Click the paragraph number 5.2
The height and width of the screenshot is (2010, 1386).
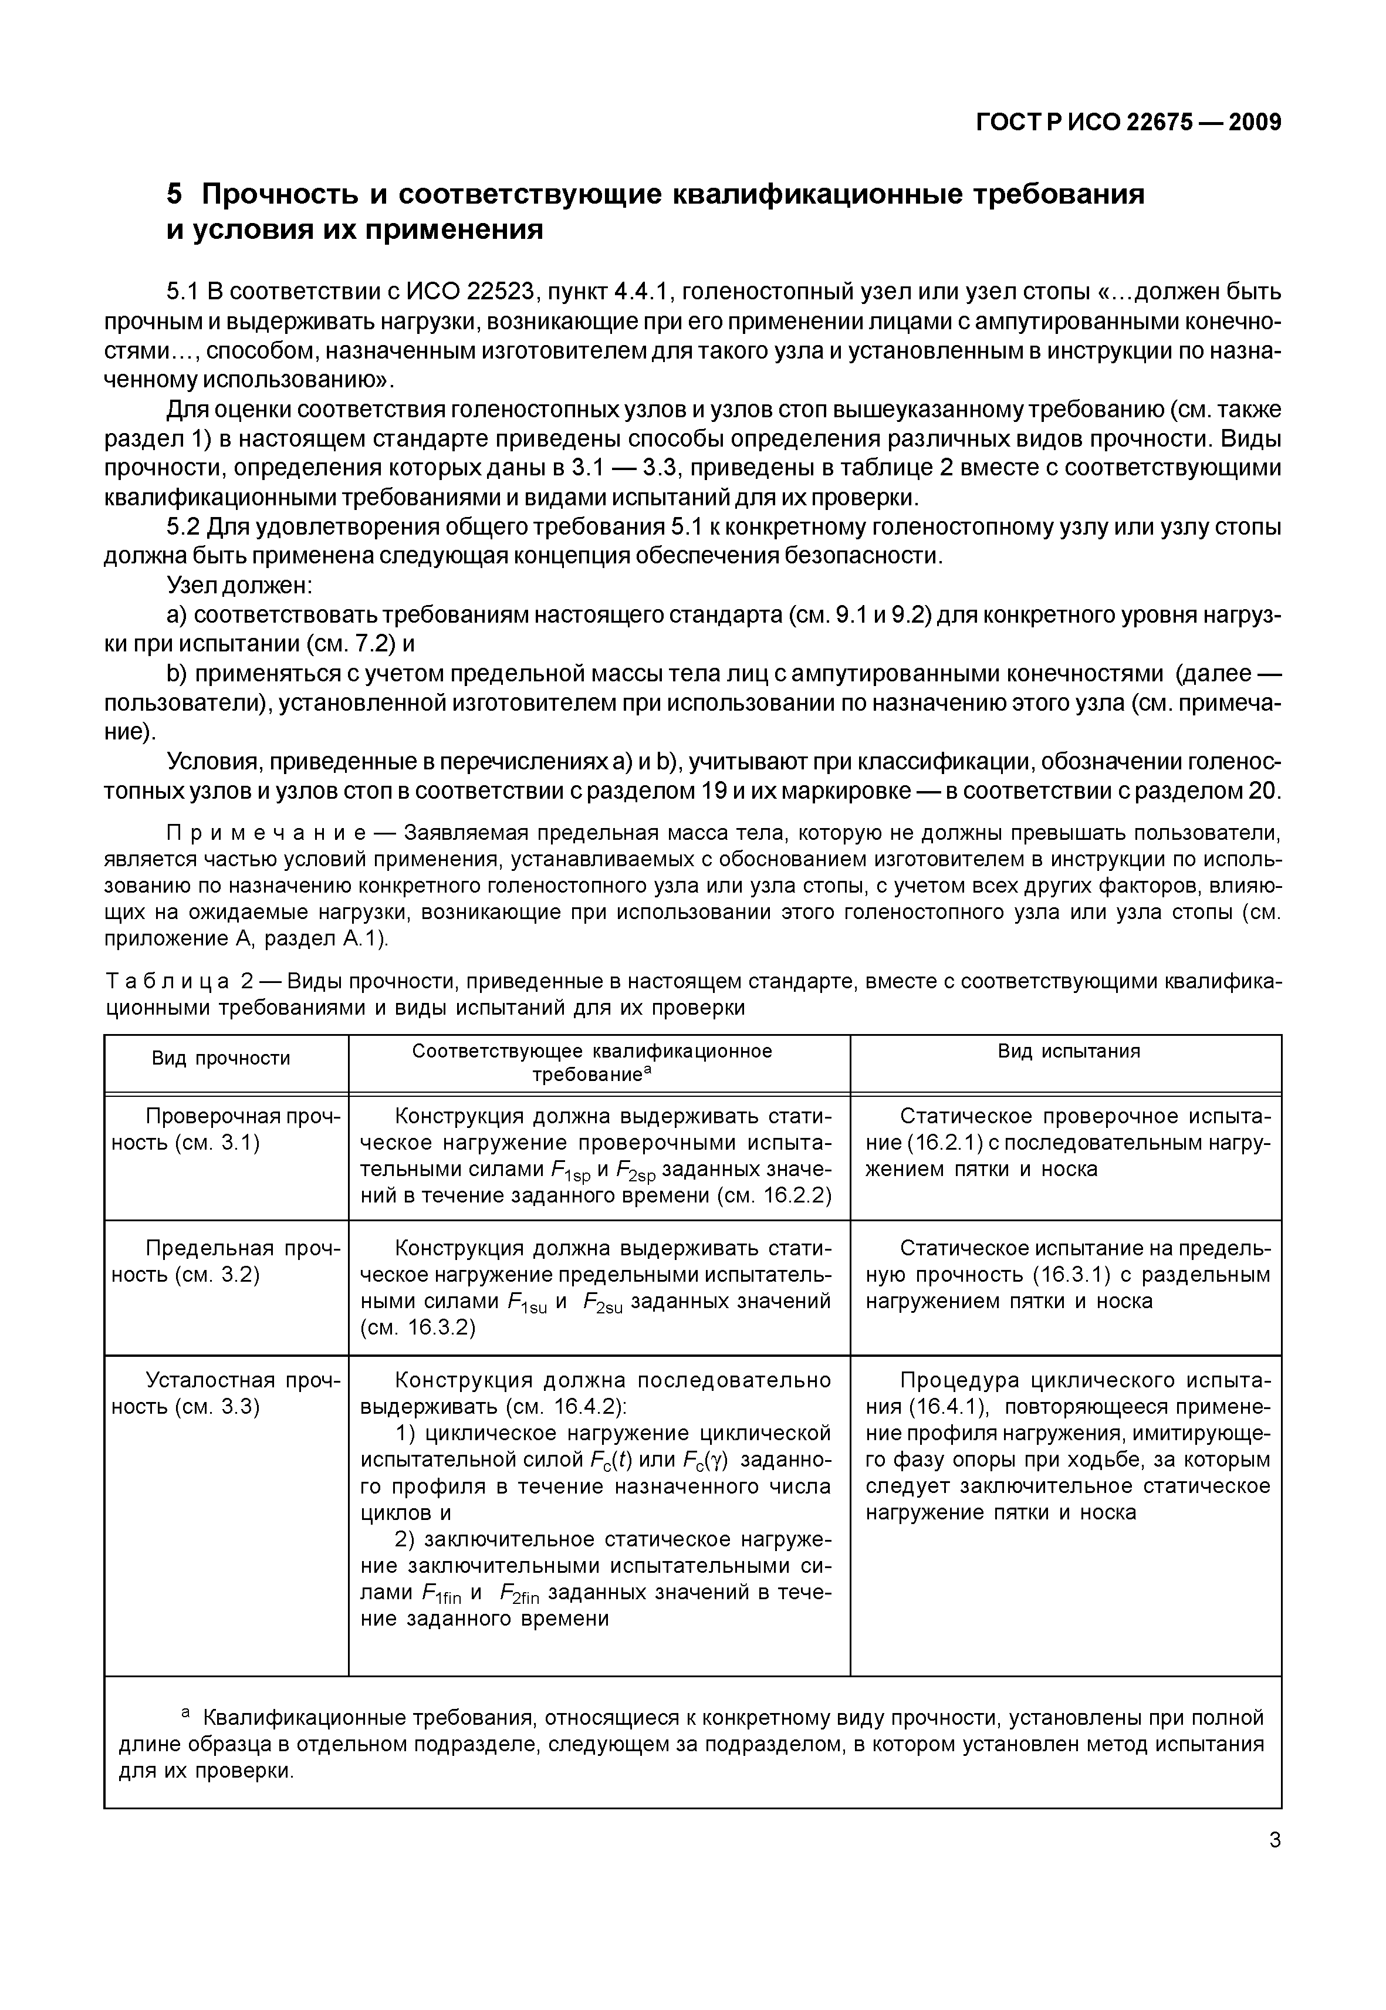tap(183, 527)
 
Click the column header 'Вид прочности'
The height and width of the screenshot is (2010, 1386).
tap(221, 1058)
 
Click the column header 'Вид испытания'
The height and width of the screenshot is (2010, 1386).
tap(1068, 1051)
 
